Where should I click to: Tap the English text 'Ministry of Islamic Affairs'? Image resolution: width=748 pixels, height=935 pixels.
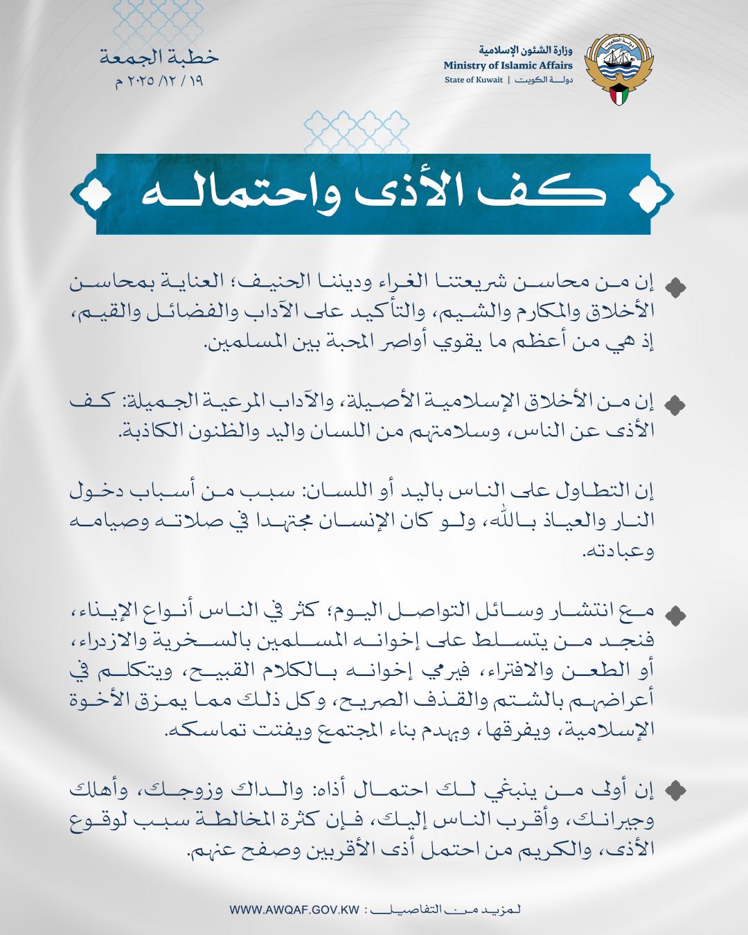(x=508, y=65)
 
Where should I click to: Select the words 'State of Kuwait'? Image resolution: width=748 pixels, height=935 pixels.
(x=474, y=80)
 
